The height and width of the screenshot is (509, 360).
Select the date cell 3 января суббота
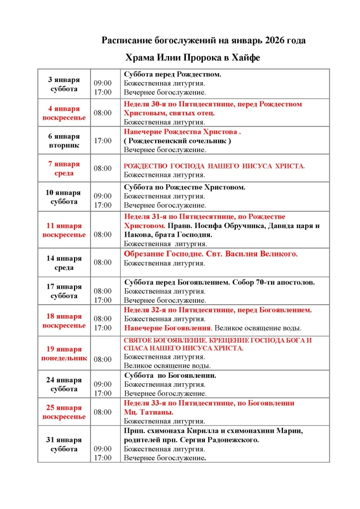click(64, 84)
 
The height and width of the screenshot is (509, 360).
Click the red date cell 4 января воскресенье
click(64, 113)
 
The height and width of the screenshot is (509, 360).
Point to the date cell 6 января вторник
click(64, 141)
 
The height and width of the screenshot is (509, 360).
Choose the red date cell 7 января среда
click(64, 169)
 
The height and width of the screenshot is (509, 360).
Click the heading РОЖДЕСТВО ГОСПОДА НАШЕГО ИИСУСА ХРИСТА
click(214, 166)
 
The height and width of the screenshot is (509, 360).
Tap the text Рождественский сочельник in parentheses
click(177, 141)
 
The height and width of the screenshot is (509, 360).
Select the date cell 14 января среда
click(64, 262)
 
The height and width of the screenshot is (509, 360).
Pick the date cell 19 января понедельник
click(64, 353)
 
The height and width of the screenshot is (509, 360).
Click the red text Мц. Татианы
click(149, 412)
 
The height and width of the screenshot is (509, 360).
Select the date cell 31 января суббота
click(64, 444)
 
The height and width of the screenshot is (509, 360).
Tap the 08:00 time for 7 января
click(103, 169)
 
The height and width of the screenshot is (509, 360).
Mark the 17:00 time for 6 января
click(103, 141)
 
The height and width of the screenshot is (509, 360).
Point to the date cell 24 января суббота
click(64, 384)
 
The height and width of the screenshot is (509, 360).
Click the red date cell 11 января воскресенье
click(64, 230)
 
